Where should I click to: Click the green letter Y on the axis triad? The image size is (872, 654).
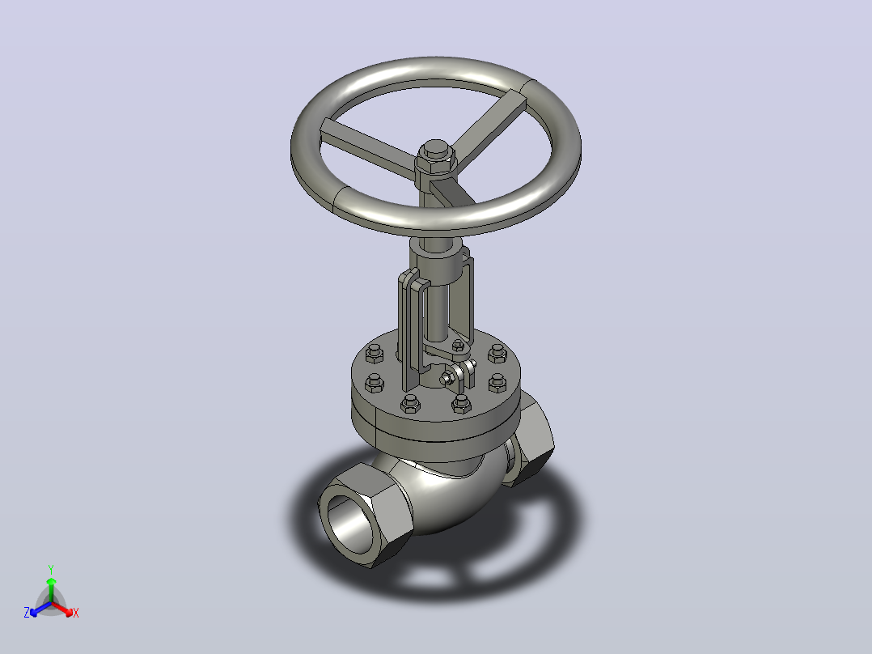click(51, 569)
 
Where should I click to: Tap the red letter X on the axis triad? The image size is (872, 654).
click(76, 613)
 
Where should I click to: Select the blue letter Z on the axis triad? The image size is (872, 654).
click(27, 613)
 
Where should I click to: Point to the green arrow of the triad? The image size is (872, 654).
click(51, 589)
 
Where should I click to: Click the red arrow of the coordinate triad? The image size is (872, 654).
click(61, 608)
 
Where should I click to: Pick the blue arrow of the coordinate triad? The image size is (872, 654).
click(40, 609)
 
